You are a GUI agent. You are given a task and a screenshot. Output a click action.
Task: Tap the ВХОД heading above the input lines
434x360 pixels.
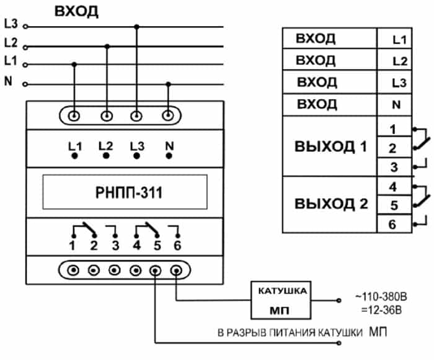coord(76,12)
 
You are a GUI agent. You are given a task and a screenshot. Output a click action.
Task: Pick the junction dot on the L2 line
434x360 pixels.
coord(107,46)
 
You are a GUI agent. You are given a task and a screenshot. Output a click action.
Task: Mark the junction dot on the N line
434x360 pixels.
coord(167,83)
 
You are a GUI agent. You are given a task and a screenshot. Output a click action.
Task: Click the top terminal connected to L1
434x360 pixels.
coord(74,115)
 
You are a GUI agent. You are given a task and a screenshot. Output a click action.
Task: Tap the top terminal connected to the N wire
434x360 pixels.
coord(167,115)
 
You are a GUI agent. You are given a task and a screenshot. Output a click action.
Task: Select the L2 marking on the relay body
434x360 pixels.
coord(105,147)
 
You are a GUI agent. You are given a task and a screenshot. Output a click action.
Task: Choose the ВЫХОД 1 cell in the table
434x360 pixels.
coord(331,148)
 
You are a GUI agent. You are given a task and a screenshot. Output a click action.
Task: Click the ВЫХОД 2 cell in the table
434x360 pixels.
coord(331,204)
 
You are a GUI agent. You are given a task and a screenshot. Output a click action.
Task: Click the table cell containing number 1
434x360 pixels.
coord(393,129)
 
